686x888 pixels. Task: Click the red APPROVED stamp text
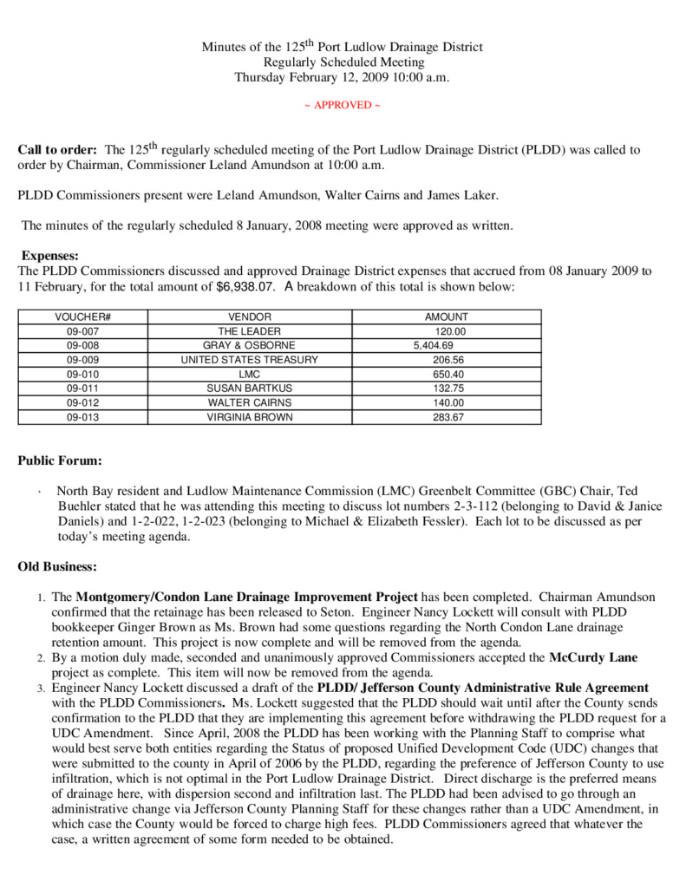[x=342, y=105]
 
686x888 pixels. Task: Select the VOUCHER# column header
[x=83, y=317]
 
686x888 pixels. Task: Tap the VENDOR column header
[x=250, y=317]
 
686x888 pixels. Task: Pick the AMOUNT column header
[x=446, y=317]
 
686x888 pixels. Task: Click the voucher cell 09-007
[x=83, y=331]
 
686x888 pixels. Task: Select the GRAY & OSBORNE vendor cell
[x=250, y=345]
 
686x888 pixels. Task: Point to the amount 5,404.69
[x=433, y=345]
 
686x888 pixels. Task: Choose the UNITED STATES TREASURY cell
[x=250, y=360]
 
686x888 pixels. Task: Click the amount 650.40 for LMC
[x=448, y=374]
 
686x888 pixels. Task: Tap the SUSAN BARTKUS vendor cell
[x=250, y=388]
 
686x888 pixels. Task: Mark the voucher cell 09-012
[x=83, y=402]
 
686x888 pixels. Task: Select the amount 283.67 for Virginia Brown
[x=448, y=417]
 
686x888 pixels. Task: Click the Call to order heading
[x=58, y=150]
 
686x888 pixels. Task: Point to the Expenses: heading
[x=50, y=256]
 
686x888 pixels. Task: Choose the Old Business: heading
[x=57, y=566]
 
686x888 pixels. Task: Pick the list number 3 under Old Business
[x=40, y=689]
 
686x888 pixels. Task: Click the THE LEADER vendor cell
[x=250, y=331]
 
